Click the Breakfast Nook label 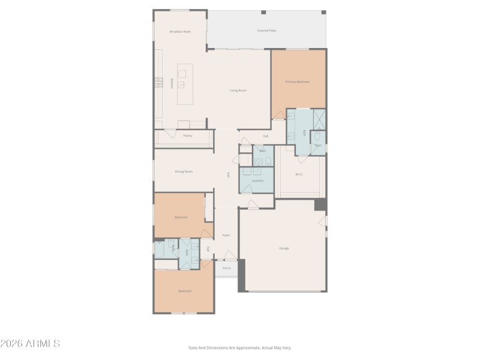coord(180,31)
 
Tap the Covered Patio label coord(266,30)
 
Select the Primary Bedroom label coord(298,82)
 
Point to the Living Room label coord(238,91)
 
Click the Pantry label coord(187,136)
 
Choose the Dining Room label coord(184,172)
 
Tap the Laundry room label coord(257,180)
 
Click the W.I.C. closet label coord(299,175)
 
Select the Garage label coord(284,248)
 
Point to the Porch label coord(226,268)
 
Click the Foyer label coord(226,235)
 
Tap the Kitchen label coord(173,83)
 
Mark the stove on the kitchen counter coord(159,83)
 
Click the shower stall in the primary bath coord(319,119)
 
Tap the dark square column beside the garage coord(321,205)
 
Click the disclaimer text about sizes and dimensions coord(240,347)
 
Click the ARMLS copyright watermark coord(30,344)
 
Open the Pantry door coord(170,130)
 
